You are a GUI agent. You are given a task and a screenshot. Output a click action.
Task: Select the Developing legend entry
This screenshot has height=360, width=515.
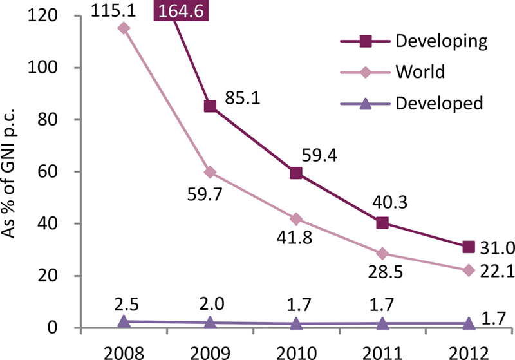click(440, 43)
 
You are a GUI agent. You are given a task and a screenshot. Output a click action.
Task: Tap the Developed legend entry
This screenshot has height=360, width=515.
click(439, 102)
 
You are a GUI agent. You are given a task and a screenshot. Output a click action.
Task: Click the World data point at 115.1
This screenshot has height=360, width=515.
click(124, 28)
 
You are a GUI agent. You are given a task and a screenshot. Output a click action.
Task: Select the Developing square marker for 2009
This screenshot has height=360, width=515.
click(210, 106)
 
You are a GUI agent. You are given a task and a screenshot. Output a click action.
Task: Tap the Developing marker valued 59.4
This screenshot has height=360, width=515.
click(296, 173)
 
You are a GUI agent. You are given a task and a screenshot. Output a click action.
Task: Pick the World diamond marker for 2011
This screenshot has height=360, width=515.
click(382, 254)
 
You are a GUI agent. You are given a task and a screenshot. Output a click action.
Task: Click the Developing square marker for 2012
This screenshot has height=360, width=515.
click(469, 247)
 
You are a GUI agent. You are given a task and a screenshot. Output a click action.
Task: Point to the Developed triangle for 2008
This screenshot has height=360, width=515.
click(124, 321)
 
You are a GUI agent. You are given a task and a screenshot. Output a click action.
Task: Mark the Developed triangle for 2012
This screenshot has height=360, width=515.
click(469, 323)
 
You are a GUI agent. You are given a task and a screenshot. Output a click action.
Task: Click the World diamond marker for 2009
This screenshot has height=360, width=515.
click(210, 173)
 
